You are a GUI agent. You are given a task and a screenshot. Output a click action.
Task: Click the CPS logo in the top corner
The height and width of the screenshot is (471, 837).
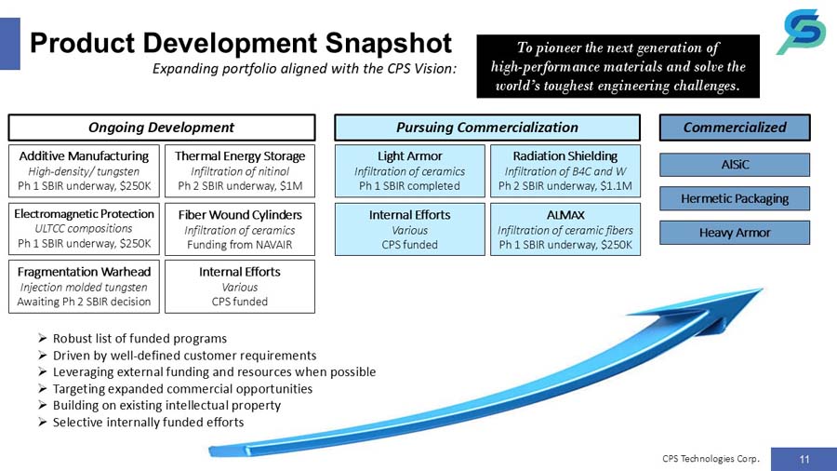801,34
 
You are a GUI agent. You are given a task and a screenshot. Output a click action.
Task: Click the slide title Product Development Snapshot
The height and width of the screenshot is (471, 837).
241,42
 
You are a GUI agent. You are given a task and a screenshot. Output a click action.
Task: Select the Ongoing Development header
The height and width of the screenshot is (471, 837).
161,128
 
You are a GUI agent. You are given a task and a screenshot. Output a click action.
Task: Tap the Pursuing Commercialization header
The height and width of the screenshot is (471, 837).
486,128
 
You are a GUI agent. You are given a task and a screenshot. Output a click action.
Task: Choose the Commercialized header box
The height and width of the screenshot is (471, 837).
735,128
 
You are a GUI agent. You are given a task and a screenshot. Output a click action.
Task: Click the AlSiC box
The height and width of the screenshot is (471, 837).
735,165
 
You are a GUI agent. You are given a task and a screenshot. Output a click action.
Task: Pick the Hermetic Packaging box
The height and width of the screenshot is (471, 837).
735,198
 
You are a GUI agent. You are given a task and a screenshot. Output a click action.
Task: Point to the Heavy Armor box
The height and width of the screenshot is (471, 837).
735,232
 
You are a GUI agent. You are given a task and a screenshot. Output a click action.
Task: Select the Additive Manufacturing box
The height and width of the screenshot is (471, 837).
84,170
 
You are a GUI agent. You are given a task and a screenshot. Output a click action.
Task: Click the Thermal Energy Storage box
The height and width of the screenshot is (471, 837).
240,170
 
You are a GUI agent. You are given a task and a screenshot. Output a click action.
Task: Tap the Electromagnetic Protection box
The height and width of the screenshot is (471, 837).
84,229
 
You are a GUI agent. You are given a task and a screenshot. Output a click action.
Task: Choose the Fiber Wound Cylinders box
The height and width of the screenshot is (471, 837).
240,229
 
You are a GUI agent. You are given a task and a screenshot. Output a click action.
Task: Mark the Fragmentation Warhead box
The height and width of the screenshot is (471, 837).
84,286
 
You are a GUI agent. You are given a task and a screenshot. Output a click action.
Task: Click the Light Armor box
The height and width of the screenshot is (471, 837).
410,170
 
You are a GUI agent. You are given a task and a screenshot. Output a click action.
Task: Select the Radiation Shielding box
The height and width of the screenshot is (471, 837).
565,170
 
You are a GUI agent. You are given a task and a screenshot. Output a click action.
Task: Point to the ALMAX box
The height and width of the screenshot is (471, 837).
565,229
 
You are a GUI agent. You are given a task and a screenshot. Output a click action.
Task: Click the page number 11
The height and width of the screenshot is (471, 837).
804,458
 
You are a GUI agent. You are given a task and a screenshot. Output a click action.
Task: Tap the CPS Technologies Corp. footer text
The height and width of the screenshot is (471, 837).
711,458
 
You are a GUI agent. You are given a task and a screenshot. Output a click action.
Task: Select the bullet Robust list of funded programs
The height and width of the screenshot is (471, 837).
139,338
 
